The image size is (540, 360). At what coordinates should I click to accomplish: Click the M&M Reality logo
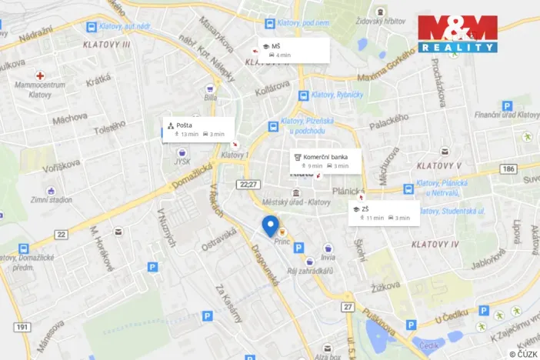click(457, 33)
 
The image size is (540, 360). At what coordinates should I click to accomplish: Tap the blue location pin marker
click(270, 226)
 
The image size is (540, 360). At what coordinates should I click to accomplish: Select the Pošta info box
click(198, 129)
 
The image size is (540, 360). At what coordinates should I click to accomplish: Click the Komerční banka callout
click(325, 161)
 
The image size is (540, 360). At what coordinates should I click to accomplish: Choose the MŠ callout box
click(294, 50)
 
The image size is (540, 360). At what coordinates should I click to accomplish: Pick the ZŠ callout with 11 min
click(384, 212)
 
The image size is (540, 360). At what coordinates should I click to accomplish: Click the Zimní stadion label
click(52, 199)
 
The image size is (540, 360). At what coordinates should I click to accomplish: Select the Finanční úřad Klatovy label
click(507, 115)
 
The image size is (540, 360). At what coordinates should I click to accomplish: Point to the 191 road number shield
click(22, 327)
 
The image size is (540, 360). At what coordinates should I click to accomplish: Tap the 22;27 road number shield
click(248, 184)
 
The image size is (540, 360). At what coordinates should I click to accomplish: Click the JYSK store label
click(182, 162)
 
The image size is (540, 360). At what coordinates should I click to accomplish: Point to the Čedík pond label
click(428, 345)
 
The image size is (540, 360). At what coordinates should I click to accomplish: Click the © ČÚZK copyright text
click(522, 353)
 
